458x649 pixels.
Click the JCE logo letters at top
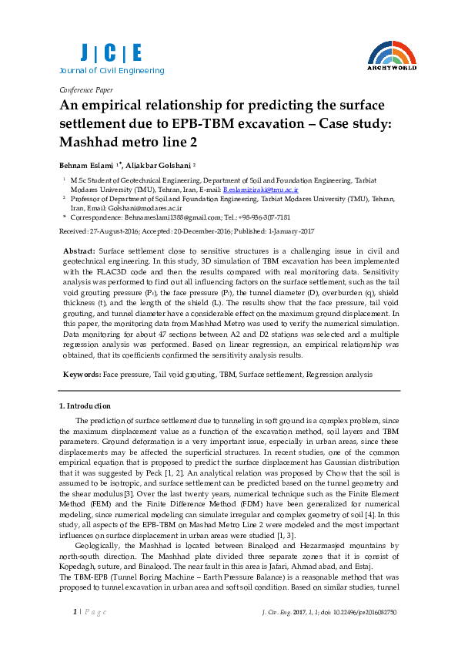pyautogui.click(x=112, y=52)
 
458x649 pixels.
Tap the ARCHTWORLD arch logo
pyautogui.click(x=393, y=55)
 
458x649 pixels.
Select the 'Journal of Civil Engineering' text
pyautogui.click(x=112, y=71)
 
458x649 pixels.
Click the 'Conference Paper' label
pyautogui.click(x=85, y=89)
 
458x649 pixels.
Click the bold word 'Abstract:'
pyautogui.click(x=79, y=251)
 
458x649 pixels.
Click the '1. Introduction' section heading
pyautogui.click(x=85, y=405)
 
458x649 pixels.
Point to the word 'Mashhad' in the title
pyautogui.click(x=92, y=142)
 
